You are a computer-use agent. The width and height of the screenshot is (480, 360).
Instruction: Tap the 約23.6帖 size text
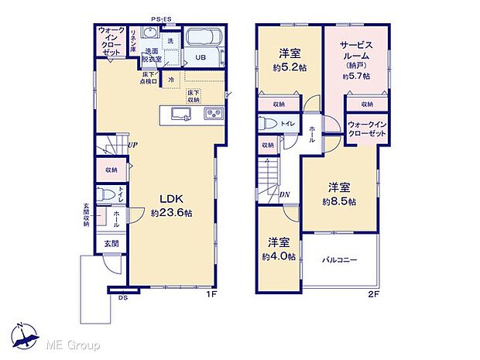click(172, 212)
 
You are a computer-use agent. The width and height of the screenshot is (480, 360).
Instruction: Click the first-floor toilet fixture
click(107, 194)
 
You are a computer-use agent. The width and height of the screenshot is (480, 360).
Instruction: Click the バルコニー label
click(340, 260)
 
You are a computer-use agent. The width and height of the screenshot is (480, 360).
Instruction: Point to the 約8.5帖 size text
click(340, 201)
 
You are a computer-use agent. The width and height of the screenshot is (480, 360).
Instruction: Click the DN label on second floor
click(285, 195)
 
